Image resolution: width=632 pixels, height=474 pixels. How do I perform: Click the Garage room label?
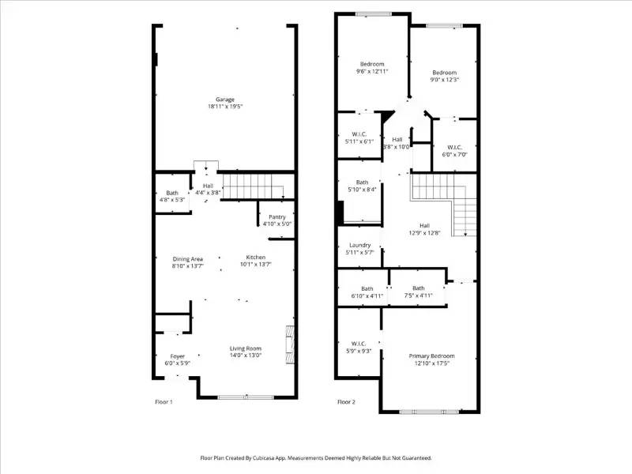225,100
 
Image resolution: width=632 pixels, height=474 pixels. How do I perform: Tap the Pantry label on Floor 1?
277,216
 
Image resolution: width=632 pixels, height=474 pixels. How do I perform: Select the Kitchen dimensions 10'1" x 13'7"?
256,266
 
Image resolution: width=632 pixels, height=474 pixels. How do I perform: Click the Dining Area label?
188,259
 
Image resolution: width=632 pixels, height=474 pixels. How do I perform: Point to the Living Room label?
246,348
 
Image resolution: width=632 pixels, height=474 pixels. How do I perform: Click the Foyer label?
178,356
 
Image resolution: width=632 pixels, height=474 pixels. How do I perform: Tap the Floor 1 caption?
164,402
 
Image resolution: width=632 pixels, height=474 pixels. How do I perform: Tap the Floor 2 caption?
346,402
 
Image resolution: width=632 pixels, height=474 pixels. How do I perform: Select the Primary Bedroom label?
431,356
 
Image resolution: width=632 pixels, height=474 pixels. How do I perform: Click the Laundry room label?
359,245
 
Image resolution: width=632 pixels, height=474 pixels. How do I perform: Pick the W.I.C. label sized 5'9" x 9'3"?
359,344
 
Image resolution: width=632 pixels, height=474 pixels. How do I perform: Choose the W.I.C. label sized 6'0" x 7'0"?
454,147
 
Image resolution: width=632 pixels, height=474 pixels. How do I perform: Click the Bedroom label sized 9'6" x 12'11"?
372,64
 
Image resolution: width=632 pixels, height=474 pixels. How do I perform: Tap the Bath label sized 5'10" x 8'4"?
362,182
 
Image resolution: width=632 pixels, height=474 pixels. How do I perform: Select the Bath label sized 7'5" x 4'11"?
418,288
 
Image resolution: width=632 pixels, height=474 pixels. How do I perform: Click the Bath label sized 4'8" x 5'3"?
171,194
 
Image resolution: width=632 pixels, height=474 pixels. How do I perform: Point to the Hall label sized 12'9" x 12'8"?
424,225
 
